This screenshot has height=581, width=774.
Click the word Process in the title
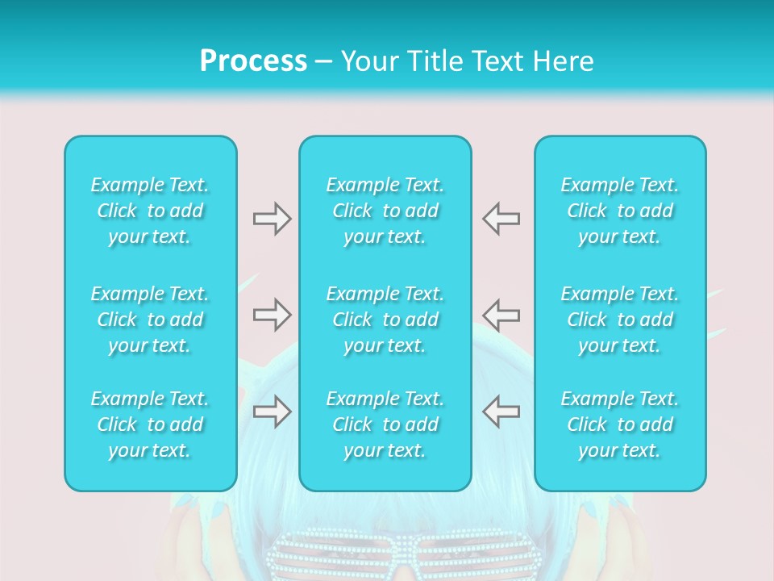click(253, 61)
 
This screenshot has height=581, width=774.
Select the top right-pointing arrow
click(273, 219)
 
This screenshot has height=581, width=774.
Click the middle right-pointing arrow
click(273, 315)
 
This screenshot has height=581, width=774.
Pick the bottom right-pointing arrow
click(273, 412)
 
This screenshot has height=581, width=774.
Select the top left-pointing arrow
click(501, 219)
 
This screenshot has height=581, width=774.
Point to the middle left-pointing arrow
click(501, 315)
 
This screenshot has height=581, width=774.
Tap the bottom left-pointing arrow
click(501, 412)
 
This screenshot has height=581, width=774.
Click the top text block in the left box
click(150, 211)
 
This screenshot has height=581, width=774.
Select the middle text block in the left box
click(150, 320)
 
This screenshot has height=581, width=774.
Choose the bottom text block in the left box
click(150, 424)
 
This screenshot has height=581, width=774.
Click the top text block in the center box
click(385, 211)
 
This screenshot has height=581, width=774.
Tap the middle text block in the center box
click(385, 320)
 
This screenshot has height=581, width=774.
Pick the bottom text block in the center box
click(385, 424)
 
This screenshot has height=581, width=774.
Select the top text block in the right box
click(620, 211)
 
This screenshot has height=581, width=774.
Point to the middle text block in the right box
click(620, 320)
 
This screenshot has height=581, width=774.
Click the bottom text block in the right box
click(620, 424)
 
